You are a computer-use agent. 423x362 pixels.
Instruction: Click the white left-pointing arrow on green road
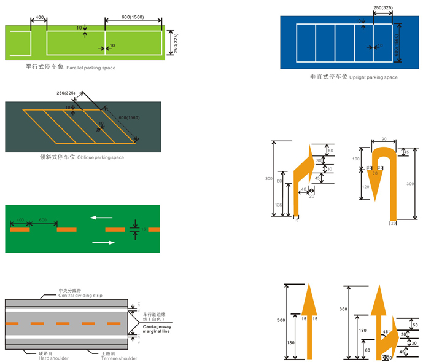tap(101, 216)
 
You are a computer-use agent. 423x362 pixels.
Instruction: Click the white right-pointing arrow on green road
tap(103, 243)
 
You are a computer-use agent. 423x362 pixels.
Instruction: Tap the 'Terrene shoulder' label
tap(119, 357)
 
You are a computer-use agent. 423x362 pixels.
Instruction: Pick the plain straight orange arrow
tap(310, 320)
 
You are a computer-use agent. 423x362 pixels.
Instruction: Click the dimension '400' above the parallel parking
tap(39, 18)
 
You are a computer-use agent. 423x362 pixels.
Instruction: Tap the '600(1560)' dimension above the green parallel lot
tap(133, 17)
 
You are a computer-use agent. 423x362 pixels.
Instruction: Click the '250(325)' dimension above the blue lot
tap(383, 7)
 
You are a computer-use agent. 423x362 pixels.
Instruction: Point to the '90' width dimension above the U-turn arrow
tap(382, 140)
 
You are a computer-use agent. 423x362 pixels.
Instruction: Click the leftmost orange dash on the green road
tap(20, 229)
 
